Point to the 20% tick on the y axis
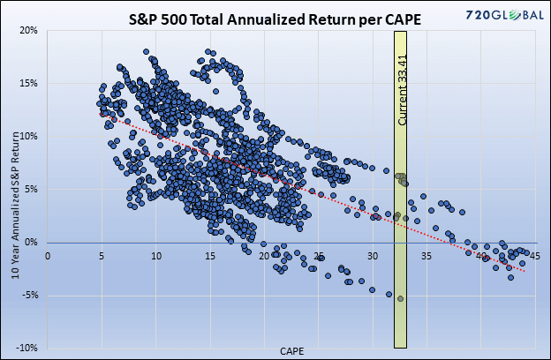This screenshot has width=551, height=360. [28, 30]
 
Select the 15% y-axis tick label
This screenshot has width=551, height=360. [28, 83]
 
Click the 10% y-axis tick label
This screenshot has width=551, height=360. [28, 136]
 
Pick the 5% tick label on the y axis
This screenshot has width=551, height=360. [31, 189]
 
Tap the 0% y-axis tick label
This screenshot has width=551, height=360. [31, 242]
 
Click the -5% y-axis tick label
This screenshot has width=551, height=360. [30, 295]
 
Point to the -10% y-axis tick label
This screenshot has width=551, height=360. [27, 348]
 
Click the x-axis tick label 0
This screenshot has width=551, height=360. [48, 257]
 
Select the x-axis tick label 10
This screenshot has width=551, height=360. [156, 257]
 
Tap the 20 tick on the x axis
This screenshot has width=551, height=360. [265, 257]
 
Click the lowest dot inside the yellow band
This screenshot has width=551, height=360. [400, 299]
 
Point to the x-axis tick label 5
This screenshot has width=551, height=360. [102, 257]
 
